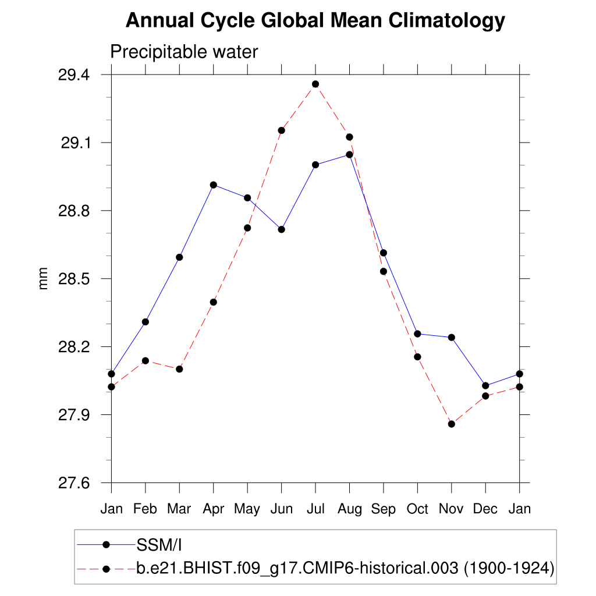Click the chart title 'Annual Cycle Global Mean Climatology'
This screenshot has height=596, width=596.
coord(315,21)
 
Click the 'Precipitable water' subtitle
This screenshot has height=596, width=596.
coord(184,52)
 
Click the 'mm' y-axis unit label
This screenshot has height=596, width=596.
coord(43,279)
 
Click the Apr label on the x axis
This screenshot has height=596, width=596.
coord(214,509)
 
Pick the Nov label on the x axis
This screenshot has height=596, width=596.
coord(451,509)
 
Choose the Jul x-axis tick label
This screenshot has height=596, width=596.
coord(315,509)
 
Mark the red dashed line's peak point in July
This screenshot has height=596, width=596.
coord(315,84)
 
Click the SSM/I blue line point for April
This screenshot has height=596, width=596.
coord(214,185)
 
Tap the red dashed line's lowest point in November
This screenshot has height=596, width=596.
coord(451,424)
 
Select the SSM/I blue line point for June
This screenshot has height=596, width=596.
coord(282,229)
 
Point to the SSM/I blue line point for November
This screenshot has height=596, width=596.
coord(451,338)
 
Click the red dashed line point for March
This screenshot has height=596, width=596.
coord(179,369)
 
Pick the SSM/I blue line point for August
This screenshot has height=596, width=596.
coord(349,154)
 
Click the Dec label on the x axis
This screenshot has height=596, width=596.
coord(485,509)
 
